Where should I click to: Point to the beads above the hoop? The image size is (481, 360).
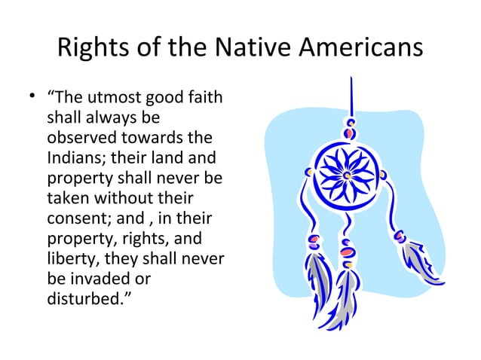(x=349, y=129)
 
